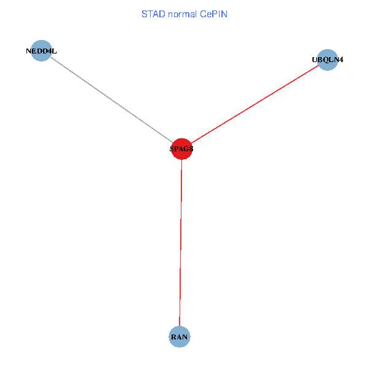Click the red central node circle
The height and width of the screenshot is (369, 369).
[181, 148]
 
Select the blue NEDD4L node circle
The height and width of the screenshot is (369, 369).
[41, 50]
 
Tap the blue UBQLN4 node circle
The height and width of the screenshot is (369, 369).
[328, 60]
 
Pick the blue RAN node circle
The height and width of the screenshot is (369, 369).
[179, 337]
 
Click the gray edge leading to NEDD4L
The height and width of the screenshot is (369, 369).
[111, 99]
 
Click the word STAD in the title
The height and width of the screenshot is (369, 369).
[153, 14]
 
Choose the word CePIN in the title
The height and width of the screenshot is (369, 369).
[213, 14]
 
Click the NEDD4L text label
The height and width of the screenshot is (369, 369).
[41, 51]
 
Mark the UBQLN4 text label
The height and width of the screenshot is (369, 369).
[328, 60]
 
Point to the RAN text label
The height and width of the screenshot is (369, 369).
[179, 337]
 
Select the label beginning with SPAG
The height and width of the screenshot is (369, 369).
[181, 148]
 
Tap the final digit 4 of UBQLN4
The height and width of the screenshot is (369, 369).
[341, 60]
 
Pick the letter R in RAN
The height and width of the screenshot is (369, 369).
[174, 337]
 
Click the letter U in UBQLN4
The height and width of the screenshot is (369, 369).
[315, 60]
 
